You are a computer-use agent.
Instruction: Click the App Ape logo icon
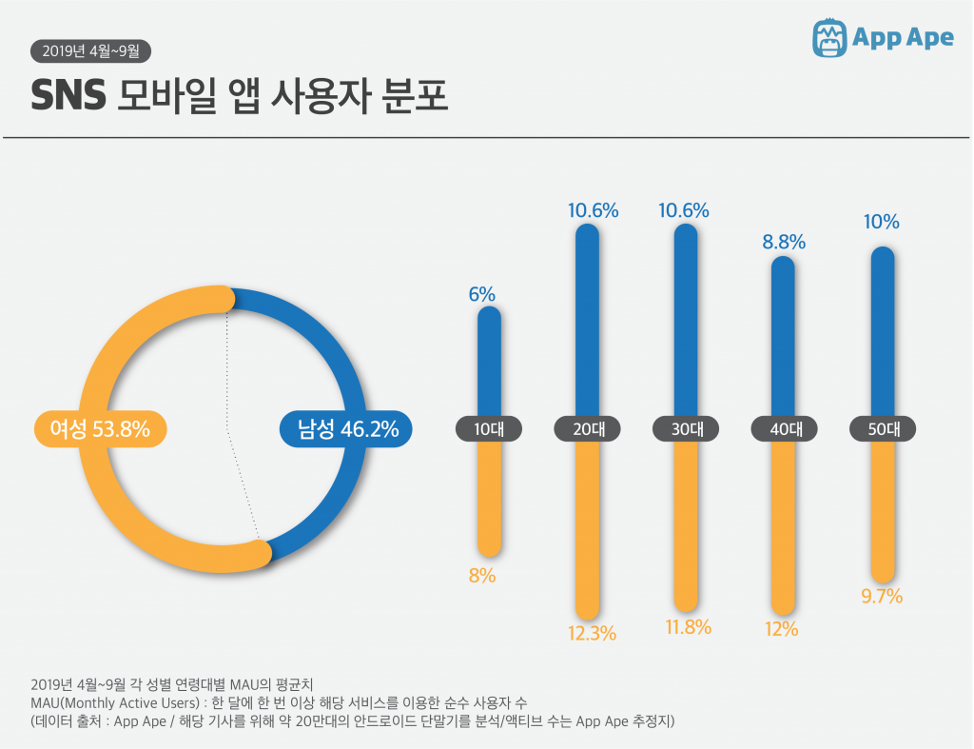click(829, 37)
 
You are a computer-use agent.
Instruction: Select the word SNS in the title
click(67, 96)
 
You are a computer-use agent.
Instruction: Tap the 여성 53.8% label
click(100, 429)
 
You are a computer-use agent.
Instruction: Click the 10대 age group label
click(489, 429)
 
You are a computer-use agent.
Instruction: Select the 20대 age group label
click(587, 429)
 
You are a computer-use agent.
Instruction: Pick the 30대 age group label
click(686, 429)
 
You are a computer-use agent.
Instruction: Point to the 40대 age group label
click(784, 429)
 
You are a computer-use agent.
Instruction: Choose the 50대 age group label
click(882, 429)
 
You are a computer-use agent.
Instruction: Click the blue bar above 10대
click(489, 362)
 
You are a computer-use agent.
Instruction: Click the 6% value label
click(482, 295)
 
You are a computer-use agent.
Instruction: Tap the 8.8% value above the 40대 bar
click(784, 243)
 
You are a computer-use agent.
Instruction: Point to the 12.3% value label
click(594, 633)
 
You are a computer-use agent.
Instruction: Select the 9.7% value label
click(881, 597)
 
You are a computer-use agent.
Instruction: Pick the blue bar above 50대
click(883, 333)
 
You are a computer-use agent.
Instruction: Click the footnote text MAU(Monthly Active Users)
click(113, 703)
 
